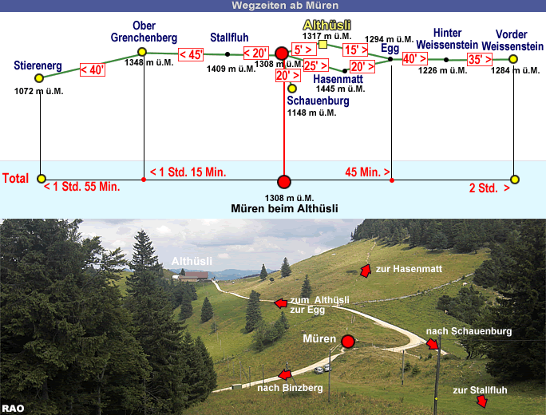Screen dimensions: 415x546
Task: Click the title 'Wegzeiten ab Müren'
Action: click(273, 6)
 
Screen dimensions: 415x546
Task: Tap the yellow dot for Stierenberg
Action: click(39, 78)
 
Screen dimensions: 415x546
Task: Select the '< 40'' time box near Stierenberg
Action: click(93, 69)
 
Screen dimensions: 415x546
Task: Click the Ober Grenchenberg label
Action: click(144, 31)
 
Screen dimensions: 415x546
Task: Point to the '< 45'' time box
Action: click(192, 54)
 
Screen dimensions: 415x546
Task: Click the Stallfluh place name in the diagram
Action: click(230, 38)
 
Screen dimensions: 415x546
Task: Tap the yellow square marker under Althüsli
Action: click(322, 45)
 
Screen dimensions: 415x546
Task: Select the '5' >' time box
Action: click(303, 49)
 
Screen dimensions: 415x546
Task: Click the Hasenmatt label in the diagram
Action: click(339, 78)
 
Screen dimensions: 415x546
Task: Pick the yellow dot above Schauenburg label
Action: click(292, 89)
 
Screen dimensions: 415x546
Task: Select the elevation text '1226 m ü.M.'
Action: click(443, 70)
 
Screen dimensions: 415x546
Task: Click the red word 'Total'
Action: click(16, 179)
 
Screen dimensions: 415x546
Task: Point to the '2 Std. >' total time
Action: click(489, 188)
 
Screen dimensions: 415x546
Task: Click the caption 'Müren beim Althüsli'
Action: click(283, 209)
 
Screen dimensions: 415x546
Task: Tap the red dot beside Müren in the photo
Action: click(348, 342)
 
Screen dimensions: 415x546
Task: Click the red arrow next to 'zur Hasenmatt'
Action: click(366, 271)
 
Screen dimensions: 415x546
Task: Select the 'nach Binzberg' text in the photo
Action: click(290, 388)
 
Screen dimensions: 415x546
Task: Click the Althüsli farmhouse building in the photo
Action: click(195, 276)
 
